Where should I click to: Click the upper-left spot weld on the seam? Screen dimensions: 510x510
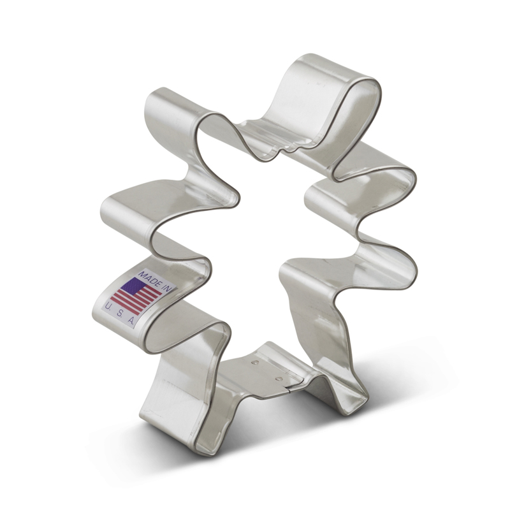(x=255, y=362)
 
